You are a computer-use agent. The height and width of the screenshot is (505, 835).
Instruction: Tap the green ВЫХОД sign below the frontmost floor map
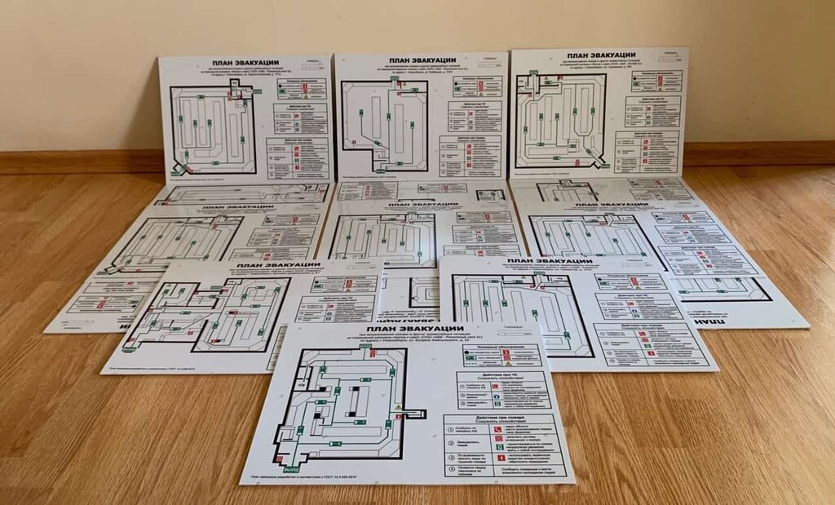point(289,469)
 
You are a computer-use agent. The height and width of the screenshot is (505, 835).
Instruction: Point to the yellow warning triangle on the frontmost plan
point(398,406)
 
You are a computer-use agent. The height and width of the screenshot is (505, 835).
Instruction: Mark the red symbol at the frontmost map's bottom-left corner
point(285,447)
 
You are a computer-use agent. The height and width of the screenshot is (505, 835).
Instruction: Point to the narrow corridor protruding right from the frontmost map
point(415,414)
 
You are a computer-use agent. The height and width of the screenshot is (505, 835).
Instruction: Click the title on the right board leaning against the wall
point(599,55)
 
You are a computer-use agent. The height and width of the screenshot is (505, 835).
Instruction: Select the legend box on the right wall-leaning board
point(656,81)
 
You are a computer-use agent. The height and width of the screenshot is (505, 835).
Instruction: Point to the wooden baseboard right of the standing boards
point(758,153)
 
